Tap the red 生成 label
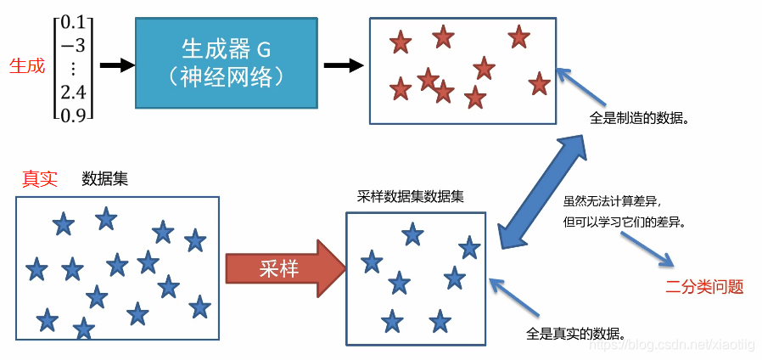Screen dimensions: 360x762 pos(26,65)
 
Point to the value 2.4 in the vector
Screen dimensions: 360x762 pos(74,92)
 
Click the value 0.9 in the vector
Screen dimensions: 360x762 pos(74,113)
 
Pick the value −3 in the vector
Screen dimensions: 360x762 pos(74,46)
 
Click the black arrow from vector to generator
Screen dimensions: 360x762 pos(116,65)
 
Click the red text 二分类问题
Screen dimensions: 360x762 pos(703,287)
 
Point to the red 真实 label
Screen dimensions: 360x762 pos(39,179)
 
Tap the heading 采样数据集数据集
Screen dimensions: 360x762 pos(411,197)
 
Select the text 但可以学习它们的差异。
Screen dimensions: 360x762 pos(624,222)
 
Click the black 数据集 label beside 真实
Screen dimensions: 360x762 pos(104,179)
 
